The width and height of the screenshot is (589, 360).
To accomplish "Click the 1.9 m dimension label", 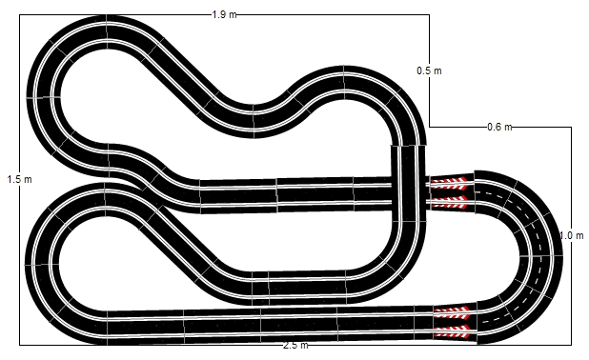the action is click(x=224, y=14).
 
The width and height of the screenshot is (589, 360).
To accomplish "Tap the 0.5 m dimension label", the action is click(x=429, y=70).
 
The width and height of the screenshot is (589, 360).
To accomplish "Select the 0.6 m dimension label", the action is click(x=499, y=127).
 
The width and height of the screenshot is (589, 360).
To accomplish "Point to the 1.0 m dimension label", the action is click(x=571, y=236).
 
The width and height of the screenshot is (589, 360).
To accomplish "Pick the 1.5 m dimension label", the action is click(x=19, y=179).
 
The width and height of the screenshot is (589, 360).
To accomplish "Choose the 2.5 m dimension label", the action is click(x=295, y=345).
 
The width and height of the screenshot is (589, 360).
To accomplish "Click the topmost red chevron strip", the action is click(x=449, y=184).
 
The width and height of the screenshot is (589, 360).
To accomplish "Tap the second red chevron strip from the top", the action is click(x=449, y=202).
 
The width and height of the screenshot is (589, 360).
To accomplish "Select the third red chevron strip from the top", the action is click(x=452, y=312).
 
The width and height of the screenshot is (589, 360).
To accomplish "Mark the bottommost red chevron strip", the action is click(x=452, y=331).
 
